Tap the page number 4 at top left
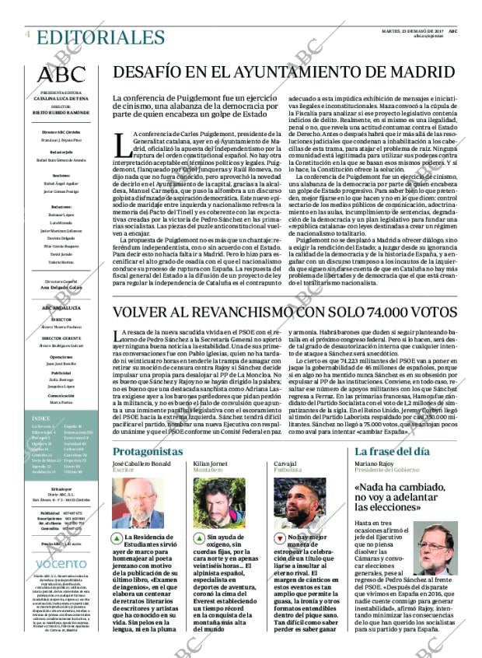coord(28,34)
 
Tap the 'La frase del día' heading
coord(392,451)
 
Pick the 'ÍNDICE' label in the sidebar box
coord(43,440)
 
